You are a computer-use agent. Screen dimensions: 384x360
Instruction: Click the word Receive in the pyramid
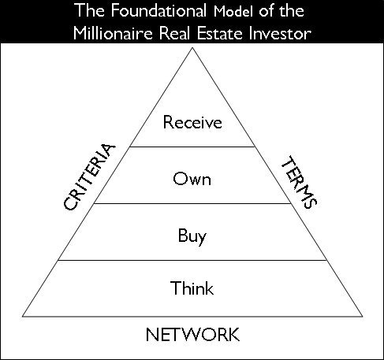[x=192, y=122]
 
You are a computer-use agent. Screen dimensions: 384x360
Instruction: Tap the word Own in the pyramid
[x=192, y=179]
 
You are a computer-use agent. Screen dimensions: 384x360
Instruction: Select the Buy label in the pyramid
[x=192, y=236]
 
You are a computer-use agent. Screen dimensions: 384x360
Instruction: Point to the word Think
[x=192, y=288]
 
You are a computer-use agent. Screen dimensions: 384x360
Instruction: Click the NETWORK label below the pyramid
[x=192, y=335]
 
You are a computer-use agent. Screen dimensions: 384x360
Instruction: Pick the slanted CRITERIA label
[x=89, y=177]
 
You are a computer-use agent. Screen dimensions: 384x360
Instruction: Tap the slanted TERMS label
[x=300, y=182]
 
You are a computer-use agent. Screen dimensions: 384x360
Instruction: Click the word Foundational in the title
[x=158, y=11]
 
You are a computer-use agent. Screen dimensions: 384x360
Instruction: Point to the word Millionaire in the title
[x=113, y=34]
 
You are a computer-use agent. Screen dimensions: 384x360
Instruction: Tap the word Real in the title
[x=174, y=34]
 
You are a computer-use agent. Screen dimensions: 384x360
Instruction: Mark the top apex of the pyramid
[x=192, y=47]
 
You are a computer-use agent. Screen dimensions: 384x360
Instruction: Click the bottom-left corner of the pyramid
[x=23, y=317]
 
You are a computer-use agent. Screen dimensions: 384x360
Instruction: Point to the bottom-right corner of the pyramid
[x=363, y=317]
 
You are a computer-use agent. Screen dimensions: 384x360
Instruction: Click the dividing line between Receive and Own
[x=192, y=147]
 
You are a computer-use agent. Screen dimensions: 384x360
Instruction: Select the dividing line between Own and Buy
[x=192, y=203]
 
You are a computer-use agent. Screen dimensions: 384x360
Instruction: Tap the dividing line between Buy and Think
[x=192, y=260]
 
